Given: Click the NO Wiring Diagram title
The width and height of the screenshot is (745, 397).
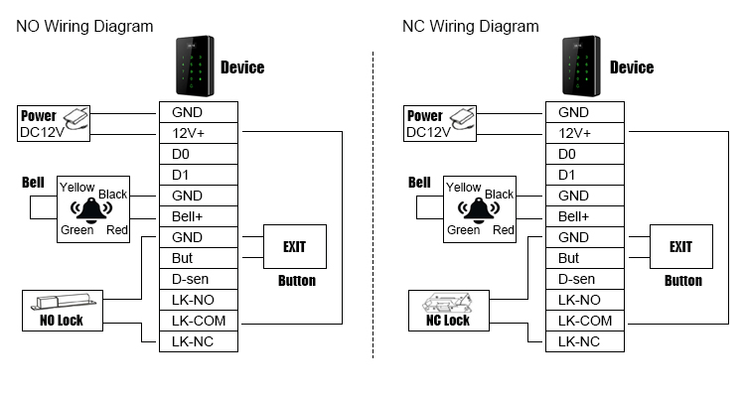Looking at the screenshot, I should pyautogui.click(x=84, y=26).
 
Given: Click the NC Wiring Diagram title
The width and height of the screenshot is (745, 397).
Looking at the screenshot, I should pyautogui.click(x=470, y=26).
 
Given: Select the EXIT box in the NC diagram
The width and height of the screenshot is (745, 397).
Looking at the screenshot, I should pyautogui.click(x=680, y=247).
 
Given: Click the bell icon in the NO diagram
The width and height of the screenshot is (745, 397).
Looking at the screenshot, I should pyautogui.click(x=92, y=210).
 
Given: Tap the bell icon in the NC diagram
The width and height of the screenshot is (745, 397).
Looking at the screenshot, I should pyautogui.click(x=479, y=210).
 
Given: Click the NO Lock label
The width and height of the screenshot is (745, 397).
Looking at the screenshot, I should pyautogui.click(x=62, y=321).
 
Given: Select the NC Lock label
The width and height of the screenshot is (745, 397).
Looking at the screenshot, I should pyautogui.click(x=448, y=321).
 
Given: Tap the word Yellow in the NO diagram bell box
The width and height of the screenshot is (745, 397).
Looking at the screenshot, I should pyautogui.click(x=77, y=187).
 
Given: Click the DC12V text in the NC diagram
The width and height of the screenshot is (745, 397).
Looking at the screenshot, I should pyautogui.click(x=428, y=132).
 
